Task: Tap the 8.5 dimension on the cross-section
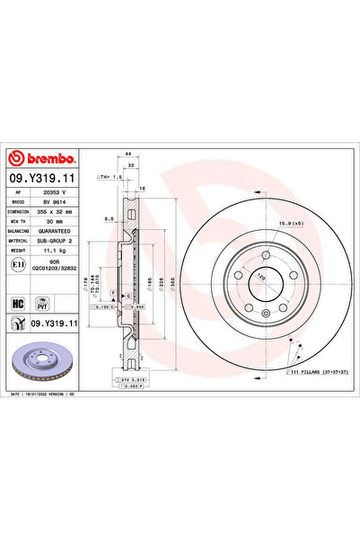(x=108, y=218)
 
